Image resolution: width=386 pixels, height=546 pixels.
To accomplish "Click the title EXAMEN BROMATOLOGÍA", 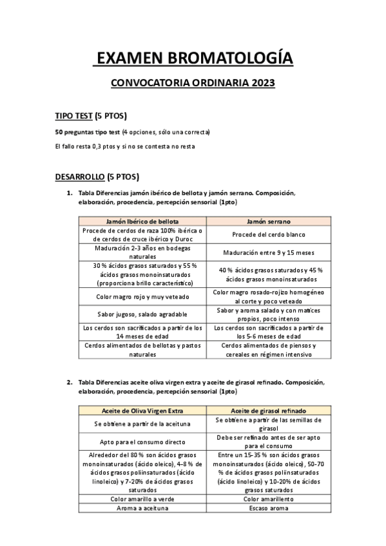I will point(193,59).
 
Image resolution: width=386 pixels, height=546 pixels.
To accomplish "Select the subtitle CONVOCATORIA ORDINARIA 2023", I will point(193,82).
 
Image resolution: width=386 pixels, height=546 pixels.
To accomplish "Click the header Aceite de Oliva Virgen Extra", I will point(142,410).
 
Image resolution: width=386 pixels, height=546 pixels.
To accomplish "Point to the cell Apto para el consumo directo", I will point(142,442).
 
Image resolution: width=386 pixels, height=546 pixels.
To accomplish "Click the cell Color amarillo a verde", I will point(142,498).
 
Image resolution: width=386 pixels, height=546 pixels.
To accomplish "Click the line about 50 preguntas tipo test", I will point(132,132).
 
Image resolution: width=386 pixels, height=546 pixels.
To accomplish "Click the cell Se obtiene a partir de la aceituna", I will point(142,424).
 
